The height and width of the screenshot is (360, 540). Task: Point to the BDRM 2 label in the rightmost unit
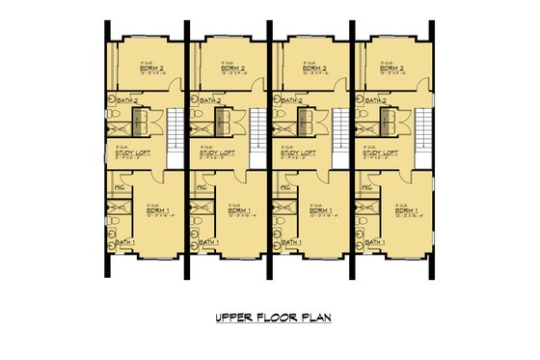point(392,69)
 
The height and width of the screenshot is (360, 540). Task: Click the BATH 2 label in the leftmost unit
point(130,99)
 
